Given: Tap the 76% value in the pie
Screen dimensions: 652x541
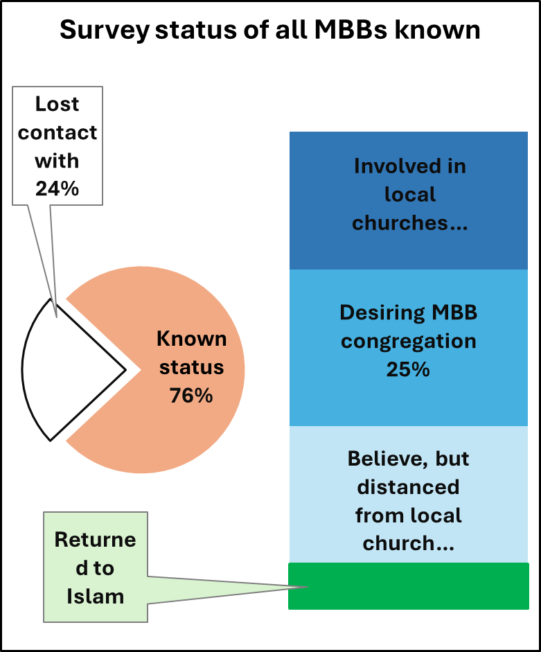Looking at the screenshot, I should [191, 396].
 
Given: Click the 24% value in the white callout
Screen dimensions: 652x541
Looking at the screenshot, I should [57, 188].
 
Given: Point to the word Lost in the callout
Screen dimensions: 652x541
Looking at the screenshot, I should [57, 104].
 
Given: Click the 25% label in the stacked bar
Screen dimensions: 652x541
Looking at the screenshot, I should [408, 369].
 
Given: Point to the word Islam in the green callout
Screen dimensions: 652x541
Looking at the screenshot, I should [96, 596].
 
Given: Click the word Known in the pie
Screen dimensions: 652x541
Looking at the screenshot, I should [191, 339].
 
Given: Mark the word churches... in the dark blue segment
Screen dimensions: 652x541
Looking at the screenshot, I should [409, 223].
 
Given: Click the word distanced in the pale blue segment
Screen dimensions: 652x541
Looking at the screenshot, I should [408, 487].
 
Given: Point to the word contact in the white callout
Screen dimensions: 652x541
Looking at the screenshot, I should [57, 132].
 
